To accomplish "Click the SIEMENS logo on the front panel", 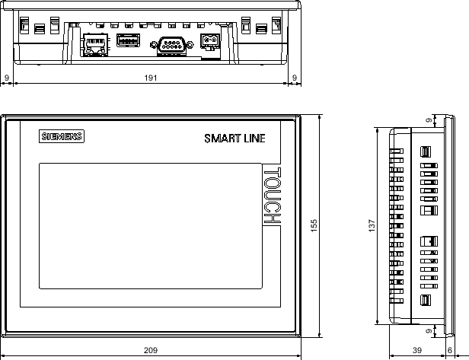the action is [x=62, y=136].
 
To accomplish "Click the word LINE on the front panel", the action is [x=254, y=139].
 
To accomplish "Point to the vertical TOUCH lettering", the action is [x=273, y=196].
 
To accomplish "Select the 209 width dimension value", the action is [x=151, y=350].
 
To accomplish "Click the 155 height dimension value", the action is [x=314, y=226].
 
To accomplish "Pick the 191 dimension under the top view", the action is [x=151, y=78].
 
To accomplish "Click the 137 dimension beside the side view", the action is [x=372, y=226].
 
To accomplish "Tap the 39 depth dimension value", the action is [x=417, y=350].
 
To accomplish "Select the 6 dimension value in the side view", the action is [x=450, y=350].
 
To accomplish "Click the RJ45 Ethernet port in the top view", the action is [x=95, y=45].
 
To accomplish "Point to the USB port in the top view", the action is [x=128, y=40].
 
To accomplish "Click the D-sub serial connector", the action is [x=172, y=46].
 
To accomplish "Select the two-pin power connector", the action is [x=209, y=41].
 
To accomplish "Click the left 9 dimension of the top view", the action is [x=7, y=78].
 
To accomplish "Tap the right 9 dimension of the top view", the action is [x=295, y=78].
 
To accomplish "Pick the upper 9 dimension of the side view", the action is [x=429, y=120].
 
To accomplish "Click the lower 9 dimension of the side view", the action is [x=429, y=331].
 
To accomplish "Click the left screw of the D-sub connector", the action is [x=154, y=45].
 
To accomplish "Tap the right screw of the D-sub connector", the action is [x=190, y=45].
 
